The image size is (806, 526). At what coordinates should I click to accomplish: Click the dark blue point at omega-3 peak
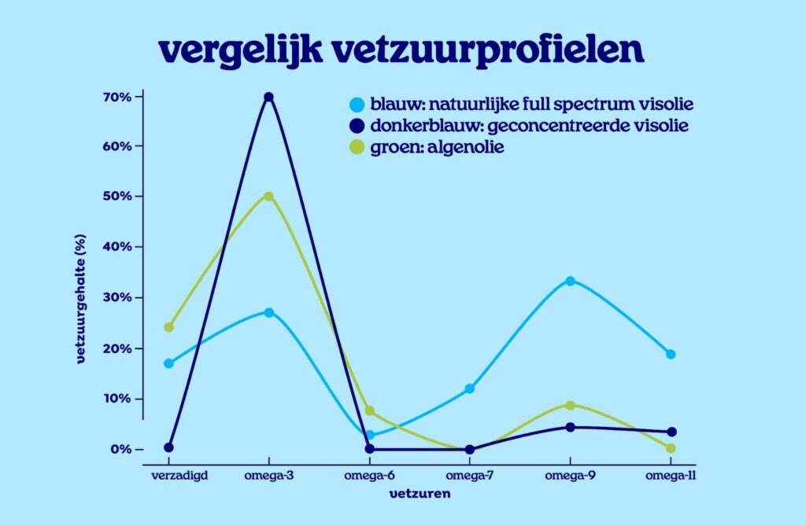coord(268,97)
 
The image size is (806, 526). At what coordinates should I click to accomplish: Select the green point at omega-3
coord(268,196)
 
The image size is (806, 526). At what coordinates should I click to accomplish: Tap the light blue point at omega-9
coord(570,281)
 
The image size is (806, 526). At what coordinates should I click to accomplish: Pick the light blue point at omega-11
coord(671,354)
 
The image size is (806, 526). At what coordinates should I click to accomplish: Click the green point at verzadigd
coord(168,327)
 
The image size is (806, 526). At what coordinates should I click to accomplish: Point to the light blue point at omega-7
coord(470,388)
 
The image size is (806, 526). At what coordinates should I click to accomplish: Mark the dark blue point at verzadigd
coord(168,447)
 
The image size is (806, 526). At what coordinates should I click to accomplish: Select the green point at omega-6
coord(370,411)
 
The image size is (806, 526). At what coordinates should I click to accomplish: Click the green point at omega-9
coord(570,405)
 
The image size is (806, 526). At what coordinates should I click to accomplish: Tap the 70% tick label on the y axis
coord(116,97)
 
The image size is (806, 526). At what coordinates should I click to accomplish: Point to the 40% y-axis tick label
coord(116,247)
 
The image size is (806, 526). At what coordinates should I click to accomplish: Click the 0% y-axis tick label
coord(120,450)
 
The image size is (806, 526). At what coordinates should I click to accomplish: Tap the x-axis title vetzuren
coord(420,495)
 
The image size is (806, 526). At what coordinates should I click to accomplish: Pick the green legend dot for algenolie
coord(357,147)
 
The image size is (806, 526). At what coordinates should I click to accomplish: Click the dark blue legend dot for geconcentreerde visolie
coord(357,126)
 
